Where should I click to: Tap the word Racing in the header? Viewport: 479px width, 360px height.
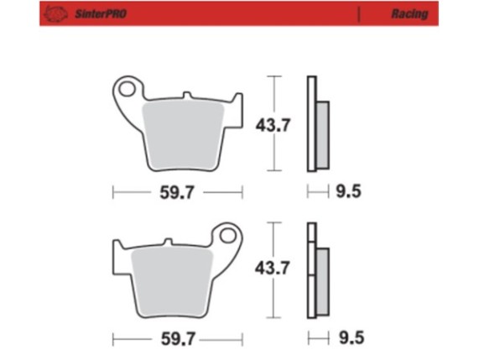coord(409,14)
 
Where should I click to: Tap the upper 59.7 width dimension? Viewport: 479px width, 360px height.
coord(177,193)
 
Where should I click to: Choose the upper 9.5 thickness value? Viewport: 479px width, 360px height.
coord(348,193)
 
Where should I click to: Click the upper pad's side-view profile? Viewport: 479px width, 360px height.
coord(317,126)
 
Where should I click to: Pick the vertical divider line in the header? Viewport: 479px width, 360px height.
coord(358,14)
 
